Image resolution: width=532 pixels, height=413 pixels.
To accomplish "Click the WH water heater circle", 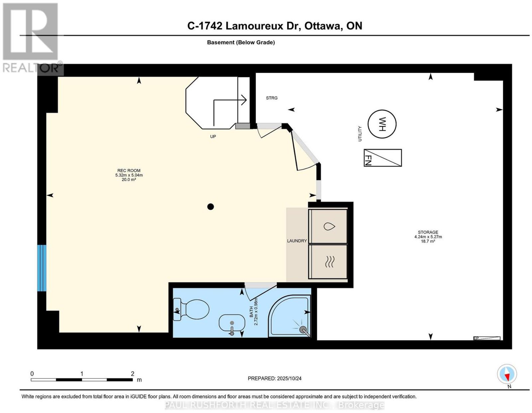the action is click(382, 124).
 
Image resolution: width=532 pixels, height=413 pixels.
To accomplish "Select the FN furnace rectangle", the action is click(382, 158).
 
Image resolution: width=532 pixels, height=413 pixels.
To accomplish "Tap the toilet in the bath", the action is click(191, 310).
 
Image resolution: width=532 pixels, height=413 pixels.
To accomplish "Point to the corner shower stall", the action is click(289, 316).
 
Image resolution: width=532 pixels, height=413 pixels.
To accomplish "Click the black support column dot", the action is click(210, 207).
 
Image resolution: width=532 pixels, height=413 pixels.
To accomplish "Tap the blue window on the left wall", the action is click(42, 268).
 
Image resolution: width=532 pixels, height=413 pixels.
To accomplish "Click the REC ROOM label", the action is click(129, 170).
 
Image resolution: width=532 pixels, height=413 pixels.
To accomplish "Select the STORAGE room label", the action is click(428, 232).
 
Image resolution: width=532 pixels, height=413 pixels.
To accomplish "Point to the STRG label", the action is click(272, 98).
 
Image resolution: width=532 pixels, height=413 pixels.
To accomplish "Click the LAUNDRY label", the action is click(297, 241).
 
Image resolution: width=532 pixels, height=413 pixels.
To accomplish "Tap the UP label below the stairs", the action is click(213, 137).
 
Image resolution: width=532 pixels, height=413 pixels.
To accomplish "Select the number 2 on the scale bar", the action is click(132, 374).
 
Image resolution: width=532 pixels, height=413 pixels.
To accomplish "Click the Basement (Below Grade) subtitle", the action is click(241, 42).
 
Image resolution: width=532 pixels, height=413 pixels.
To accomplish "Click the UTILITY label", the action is click(360, 134).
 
